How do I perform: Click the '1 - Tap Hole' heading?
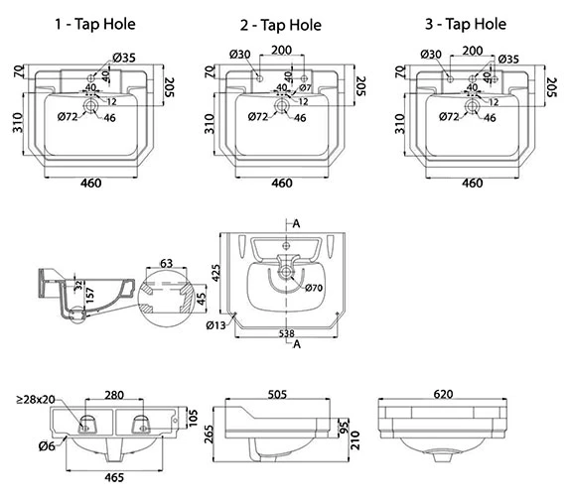pos(95,24)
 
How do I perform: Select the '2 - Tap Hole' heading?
pos(281,25)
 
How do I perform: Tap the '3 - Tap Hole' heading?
pos(466,24)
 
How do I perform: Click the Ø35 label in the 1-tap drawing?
pos(124,58)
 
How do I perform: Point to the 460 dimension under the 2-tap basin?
pos(282,183)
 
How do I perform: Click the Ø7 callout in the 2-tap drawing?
pos(305,87)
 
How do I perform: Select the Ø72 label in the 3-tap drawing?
pos(449,116)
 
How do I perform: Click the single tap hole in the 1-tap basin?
pos(91,78)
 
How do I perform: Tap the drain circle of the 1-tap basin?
pos(90,105)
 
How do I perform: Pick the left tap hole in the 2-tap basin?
pos(259,78)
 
